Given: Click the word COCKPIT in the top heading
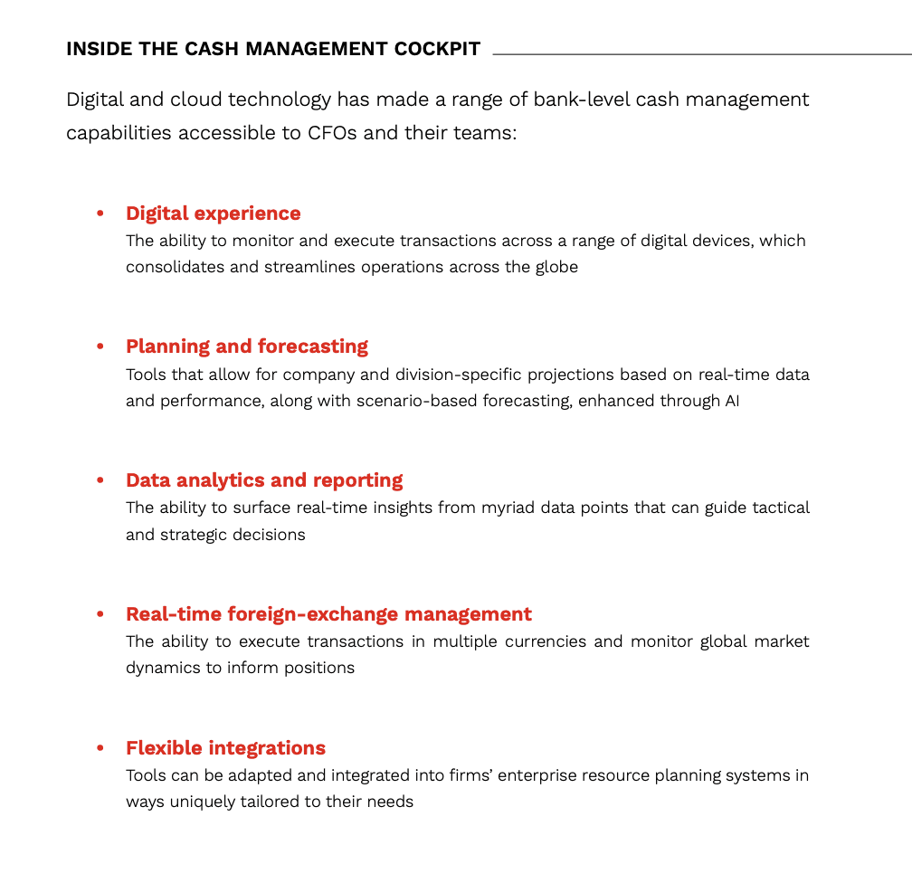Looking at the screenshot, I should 437,49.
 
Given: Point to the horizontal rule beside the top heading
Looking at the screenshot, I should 701,54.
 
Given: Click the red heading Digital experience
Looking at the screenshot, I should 214,214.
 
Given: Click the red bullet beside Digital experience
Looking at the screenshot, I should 100,214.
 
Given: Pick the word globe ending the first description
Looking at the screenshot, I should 555,268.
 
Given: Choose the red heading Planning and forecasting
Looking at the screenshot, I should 247,347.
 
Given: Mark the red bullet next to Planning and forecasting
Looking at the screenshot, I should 100,347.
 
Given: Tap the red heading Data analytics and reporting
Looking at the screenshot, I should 264,480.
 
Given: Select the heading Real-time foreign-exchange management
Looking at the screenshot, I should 328,614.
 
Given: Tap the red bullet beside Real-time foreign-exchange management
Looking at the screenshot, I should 100,615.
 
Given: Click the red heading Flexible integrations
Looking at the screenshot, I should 225,748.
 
